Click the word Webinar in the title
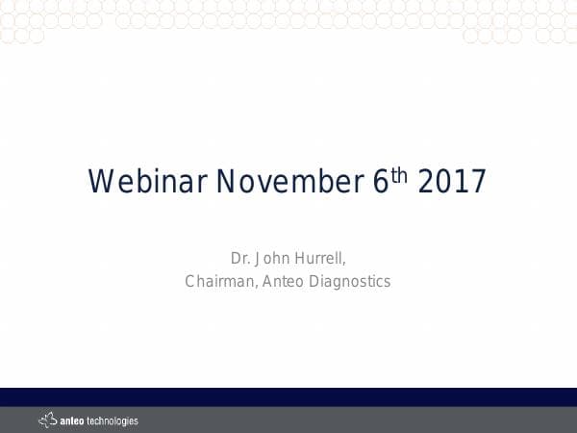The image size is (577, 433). point(148,182)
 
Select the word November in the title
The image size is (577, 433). point(290,182)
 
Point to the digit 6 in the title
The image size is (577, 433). point(379,182)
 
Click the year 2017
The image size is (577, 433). point(452,182)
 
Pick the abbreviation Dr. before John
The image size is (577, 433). point(240,258)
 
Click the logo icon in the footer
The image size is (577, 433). point(47,420)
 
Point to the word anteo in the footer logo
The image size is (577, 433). point(73,420)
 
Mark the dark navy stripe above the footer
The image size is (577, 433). point(288,396)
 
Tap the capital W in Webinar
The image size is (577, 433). point(99,182)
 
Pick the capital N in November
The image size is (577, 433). point(226,182)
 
